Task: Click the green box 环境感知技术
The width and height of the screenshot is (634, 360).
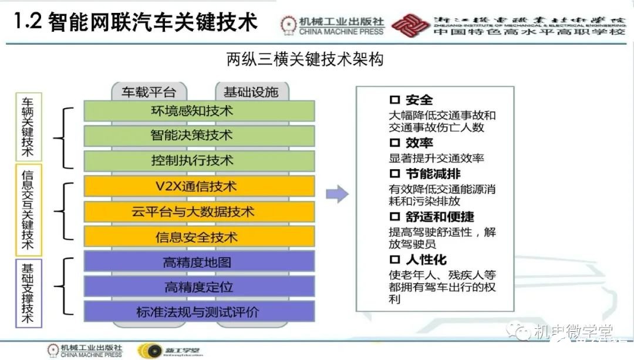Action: point(199,110)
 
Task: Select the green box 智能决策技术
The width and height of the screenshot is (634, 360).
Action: point(199,136)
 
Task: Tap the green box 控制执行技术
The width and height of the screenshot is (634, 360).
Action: point(199,160)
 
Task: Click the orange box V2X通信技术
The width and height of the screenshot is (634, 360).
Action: point(199,186)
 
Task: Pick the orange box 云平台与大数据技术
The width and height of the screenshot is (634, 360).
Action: point(199,211)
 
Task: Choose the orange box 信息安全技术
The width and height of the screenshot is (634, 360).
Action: point(199,237)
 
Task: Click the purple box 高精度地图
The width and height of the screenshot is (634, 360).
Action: point(199,262)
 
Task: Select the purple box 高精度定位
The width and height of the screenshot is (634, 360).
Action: point(199,287)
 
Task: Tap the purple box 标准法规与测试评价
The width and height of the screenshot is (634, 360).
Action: point(199,312)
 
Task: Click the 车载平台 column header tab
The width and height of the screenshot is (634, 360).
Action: point(149,92)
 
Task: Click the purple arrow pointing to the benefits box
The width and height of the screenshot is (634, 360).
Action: point(337,194)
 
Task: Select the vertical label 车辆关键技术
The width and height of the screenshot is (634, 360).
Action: point(27,127)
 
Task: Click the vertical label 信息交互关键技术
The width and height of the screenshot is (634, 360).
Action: point(27,210)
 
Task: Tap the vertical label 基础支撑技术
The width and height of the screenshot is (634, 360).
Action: point(27,293)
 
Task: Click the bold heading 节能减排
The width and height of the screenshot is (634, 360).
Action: point(433,174)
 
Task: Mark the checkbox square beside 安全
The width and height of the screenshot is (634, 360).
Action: point(394,100)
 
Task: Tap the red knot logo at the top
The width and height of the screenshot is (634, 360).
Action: point(410,23)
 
